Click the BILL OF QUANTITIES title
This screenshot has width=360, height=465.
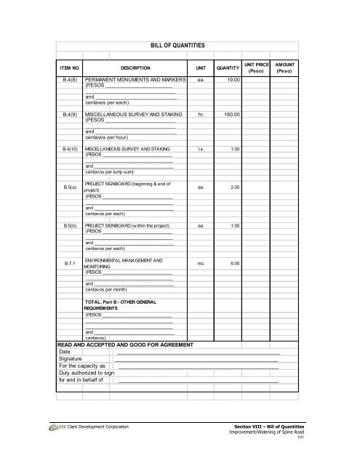[x=179, y=44]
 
